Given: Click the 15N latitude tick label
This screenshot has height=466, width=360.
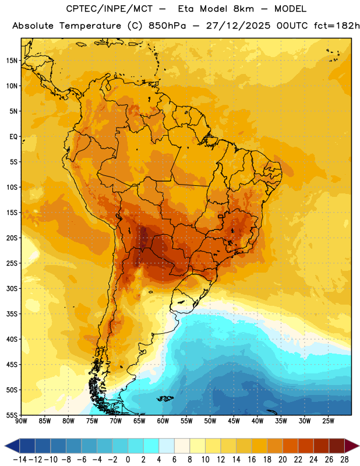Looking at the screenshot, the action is [x=12, y=61].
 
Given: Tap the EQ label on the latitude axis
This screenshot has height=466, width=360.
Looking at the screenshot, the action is [x=13, y=137].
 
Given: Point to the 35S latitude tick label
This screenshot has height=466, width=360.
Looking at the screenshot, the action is [x=12, y=314].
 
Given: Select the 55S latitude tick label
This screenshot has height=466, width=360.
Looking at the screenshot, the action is [x=12, y=415].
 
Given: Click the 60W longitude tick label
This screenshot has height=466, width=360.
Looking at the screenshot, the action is [x=163, y=421].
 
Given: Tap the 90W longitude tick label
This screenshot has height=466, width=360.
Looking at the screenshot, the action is [x=21, y=421].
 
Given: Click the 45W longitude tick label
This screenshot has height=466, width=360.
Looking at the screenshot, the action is [x=234, y=421].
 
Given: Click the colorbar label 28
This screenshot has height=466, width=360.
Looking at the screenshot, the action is [x=344, y=460].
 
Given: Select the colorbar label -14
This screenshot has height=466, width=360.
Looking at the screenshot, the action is [x=20, y=460].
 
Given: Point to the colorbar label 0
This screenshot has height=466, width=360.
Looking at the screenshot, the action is [x=128, y=460].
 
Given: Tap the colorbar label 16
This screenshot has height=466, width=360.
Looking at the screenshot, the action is [x=252, y=460].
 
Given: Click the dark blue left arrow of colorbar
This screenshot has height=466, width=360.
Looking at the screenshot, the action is [x=12, y=446].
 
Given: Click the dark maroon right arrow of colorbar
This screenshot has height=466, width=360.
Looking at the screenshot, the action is [x=352, y=446].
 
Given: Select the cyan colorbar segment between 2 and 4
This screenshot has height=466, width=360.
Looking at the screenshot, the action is [x=151, y=446].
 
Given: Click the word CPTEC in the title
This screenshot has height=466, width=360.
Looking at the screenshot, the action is [x=79, y=9].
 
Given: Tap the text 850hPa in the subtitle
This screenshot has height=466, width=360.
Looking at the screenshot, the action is [x=167, y=26].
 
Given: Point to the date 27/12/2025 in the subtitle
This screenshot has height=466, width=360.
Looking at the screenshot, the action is [x=238, y=26].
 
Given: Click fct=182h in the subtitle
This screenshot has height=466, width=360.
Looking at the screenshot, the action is [x=337, y=26].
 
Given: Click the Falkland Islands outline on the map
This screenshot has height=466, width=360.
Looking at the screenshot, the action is [x=165, y=398].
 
